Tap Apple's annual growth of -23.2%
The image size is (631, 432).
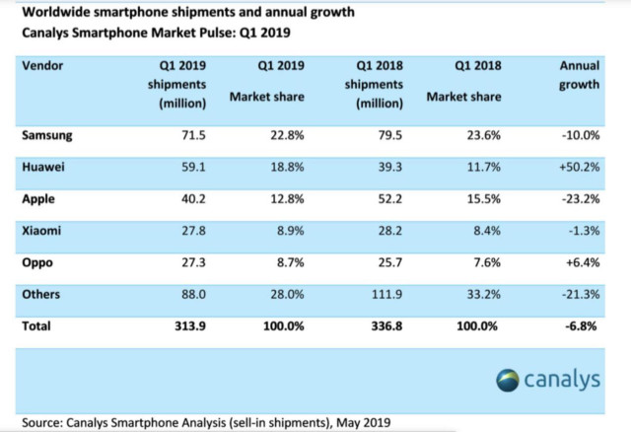tap(581, 200)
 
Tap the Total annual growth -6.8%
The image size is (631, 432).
tap(584, 325)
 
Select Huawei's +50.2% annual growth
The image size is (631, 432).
tap(580, 168)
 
